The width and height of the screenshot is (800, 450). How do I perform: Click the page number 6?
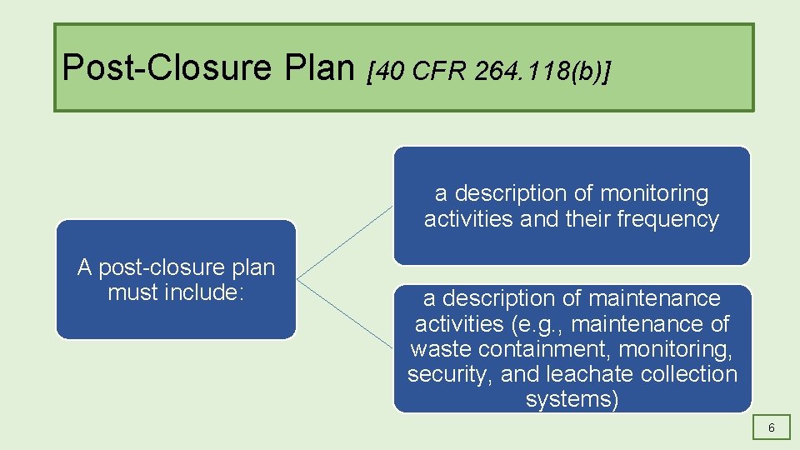coord(772,427)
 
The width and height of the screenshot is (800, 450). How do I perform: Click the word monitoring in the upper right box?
coord(654,193)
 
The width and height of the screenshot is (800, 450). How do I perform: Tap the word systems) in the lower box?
coord(572,399)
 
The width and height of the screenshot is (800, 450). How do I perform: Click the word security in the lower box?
coord(450,374)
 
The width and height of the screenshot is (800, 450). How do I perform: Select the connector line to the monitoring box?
coord(344,242)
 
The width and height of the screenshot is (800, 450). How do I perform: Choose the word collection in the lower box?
coord(690,374)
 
